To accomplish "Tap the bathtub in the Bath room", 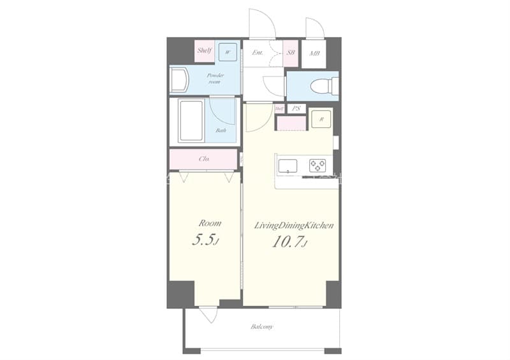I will [x=191, y=120].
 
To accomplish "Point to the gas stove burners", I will [x=317, y=166].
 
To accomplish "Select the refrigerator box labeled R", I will [x=321, y=119].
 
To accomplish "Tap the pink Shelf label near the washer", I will [x=204, y=50].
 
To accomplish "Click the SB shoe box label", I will [x=291, y=53].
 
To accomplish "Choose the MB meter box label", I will [x=314, y=53].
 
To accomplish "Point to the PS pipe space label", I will [x=295, y=109].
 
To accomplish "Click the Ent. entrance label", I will [x=258, y=53].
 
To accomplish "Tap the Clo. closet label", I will [x=205, y=159].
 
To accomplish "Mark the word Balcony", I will [x=261, y=327].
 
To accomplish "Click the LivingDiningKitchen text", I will [x=295, y=226].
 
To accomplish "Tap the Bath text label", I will [x=221, y=131].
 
